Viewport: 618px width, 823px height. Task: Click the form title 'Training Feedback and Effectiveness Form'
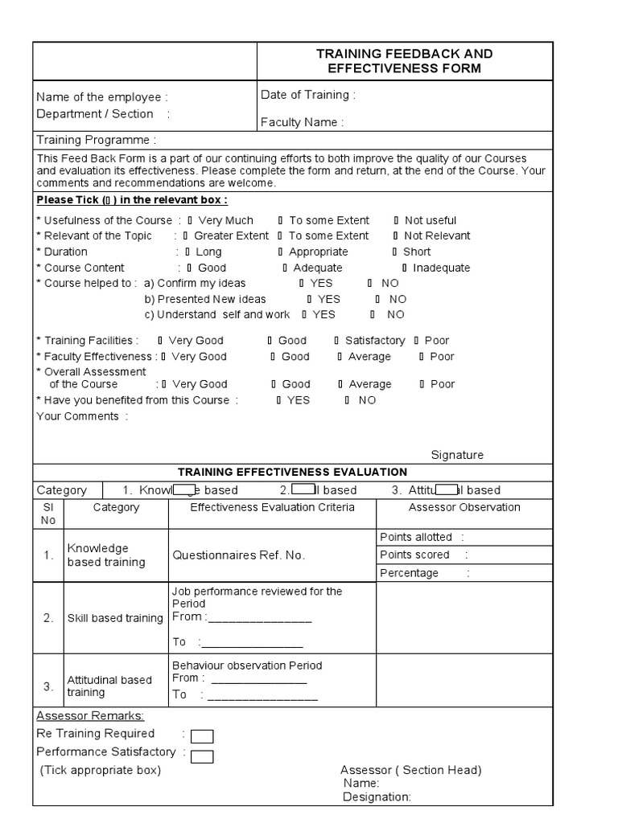(404, 61)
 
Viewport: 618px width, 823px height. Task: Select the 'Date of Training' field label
(307, 95)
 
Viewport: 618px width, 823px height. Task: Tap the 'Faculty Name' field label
(302, 122)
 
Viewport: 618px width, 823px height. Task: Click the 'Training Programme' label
(102, 140)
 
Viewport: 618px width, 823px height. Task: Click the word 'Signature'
(457, 455)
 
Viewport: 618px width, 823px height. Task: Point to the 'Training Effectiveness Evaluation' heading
(292, 472)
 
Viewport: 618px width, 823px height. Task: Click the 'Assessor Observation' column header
(464, 507)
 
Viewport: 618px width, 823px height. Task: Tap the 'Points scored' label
(414, 555)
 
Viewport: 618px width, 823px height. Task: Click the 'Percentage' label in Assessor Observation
(409, 573)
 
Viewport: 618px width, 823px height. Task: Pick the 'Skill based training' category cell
(115, 617)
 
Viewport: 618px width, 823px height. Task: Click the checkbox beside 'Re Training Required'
(202, 736)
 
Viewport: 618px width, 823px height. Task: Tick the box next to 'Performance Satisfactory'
(202, 755)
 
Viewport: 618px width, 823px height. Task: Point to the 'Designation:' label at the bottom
(377, 797)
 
